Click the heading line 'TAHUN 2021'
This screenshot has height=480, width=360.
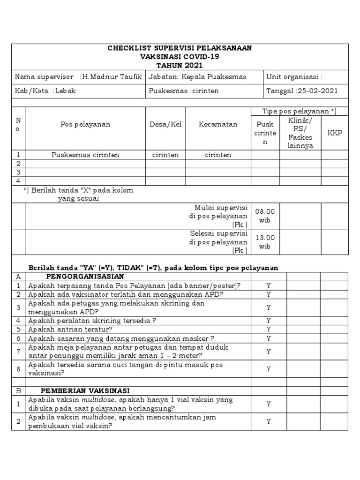coord(180,65)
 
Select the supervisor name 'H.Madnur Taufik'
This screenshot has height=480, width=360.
coord(113,77)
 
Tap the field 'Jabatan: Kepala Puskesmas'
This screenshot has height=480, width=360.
coord(197,77)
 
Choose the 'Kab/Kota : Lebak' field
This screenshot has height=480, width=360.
coord(45,91)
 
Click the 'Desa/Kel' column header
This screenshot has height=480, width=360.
coord(165,124)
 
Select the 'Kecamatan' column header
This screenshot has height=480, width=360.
coord(218,124)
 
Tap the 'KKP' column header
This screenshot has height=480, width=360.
coord(335,133)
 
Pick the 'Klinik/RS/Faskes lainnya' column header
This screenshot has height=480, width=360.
coord(300,133)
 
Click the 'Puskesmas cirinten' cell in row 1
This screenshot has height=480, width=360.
coord(85,155)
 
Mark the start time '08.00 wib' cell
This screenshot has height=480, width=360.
coord(265,216)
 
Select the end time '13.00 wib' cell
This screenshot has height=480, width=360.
coord(265,242)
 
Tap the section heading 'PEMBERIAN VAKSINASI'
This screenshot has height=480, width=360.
coord(85,390)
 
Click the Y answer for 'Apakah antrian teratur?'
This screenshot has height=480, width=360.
coord(269,330)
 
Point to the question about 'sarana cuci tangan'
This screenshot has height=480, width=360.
coord(126,369)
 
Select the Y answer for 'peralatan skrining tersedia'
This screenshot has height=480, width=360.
coord(269,321)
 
